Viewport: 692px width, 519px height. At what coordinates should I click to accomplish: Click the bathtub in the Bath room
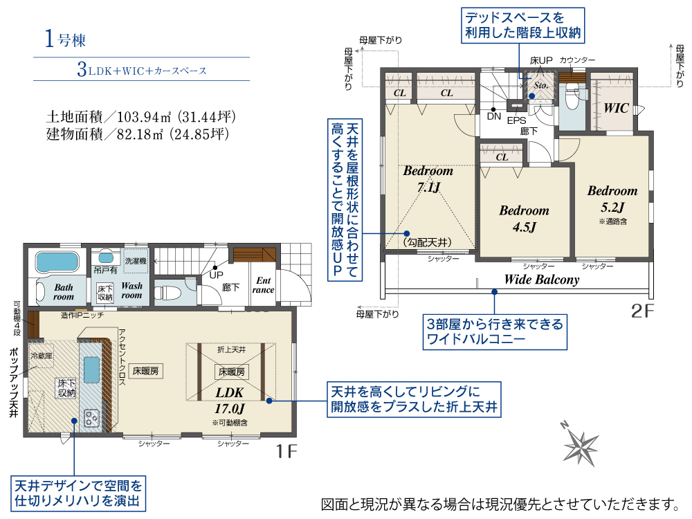tap(57, 262)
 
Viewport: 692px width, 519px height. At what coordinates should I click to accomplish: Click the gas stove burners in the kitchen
tap(91, 418)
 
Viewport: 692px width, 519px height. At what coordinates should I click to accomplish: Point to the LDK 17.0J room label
tap(230, 400)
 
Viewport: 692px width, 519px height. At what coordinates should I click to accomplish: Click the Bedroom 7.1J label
tap(428, 179)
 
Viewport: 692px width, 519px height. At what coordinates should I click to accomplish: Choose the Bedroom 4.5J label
tap(525, 219)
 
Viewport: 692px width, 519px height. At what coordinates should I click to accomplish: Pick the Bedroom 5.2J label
tap(612, 199)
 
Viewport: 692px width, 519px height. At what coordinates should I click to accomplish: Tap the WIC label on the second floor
tap(616, 108)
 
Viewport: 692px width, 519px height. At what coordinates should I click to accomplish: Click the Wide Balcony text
tap(542, 280)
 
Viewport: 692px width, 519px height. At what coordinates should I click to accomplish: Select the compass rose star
tap(581, 446)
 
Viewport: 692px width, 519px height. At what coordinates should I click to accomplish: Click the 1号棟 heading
tap(65, 39)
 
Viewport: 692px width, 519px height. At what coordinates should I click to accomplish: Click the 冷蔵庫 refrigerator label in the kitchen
tap(42, 356)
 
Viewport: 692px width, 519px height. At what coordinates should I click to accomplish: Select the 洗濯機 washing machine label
tap(136, 261)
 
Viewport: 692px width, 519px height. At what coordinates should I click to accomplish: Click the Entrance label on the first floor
tap(264, 285)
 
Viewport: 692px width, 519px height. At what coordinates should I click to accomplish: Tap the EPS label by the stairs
tap(516, 120)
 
